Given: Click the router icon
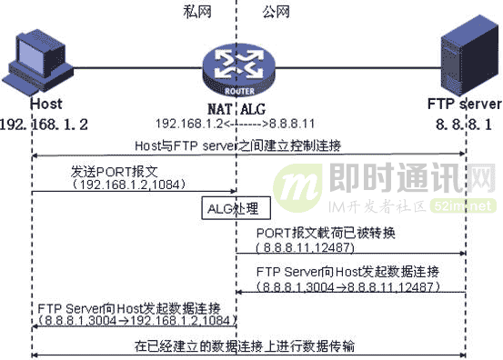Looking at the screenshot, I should pos(234,63).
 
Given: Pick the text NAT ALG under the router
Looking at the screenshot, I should pos(235,105).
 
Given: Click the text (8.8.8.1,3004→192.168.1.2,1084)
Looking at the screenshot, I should pos(135,321).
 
